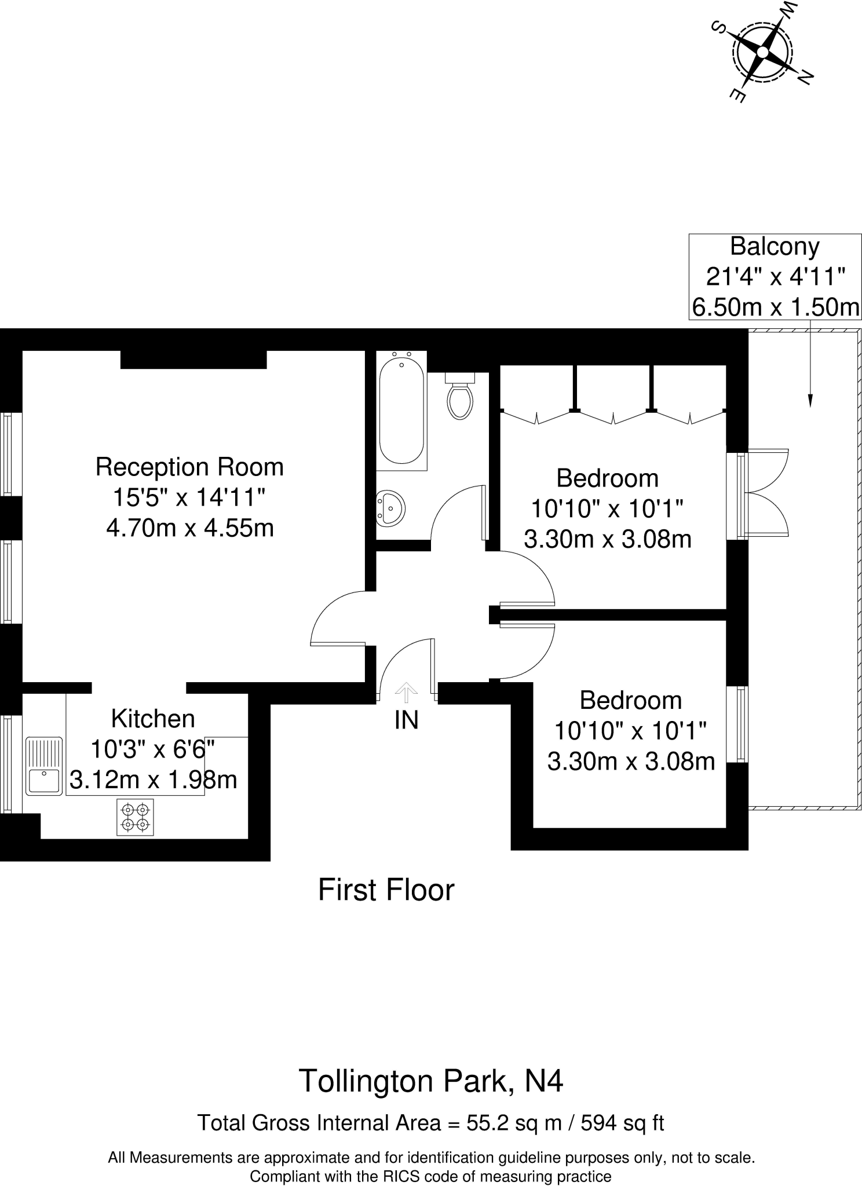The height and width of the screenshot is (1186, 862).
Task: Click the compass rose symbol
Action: point(762,52)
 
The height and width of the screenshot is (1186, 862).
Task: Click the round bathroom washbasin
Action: point(390,508)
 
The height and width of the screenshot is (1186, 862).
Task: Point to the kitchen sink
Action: point(44,765)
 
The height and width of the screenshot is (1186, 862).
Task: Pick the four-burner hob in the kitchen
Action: point(136,817)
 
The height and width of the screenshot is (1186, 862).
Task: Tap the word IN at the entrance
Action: point(406,720)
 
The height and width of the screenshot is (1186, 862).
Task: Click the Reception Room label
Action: point(189,467)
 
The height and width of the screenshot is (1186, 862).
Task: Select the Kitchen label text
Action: point(153,719)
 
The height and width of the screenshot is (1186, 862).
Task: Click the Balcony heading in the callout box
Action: point(775,246)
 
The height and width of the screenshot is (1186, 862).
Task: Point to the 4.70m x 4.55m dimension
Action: point(189,528)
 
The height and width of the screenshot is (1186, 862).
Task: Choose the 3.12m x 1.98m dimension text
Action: point(153,779)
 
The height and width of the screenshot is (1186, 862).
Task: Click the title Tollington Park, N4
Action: point(430,1081)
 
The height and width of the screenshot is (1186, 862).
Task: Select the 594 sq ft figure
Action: point(622,1123)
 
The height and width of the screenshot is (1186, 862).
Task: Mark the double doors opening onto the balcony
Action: point(766,492)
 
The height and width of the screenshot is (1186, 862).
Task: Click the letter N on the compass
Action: point(805,76)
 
